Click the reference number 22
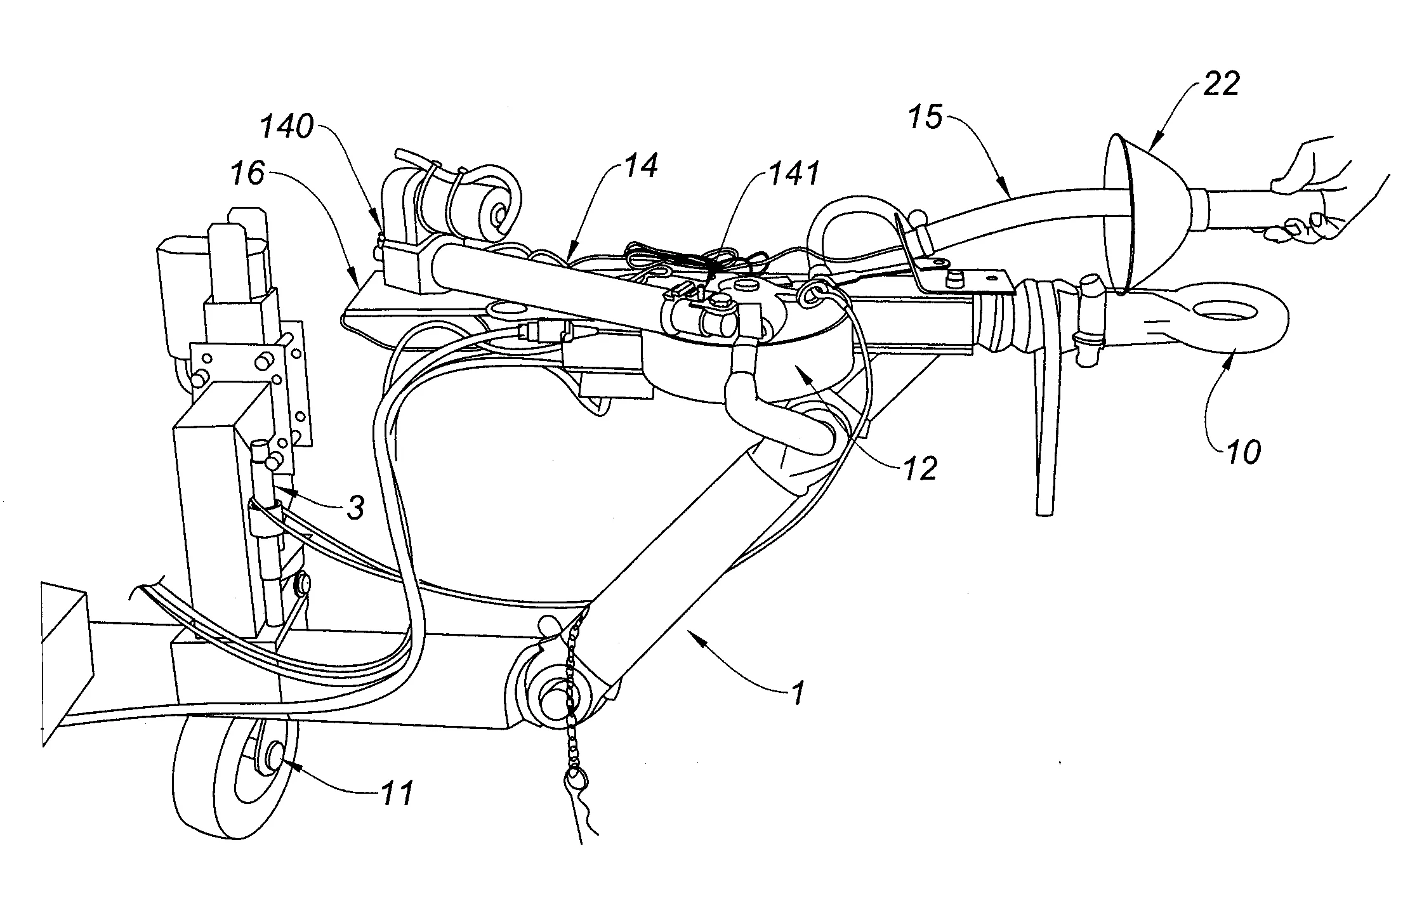pos(1221,84)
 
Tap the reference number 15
pos(927,118)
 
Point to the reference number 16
pos(247,173)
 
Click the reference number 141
pos(794,173)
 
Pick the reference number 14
pos(642,166)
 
